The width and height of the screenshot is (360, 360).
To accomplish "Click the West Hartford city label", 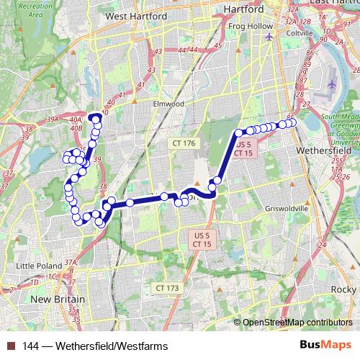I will click(x=136, y=15).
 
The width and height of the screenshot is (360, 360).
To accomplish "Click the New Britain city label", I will click(x=58, y=299).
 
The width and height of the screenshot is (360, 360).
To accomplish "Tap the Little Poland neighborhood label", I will click(x=39, y=265).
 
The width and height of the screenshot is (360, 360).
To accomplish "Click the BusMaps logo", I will click(x=326, y=346).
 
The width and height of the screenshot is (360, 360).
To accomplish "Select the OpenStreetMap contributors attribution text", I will click(x=297, y=323).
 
